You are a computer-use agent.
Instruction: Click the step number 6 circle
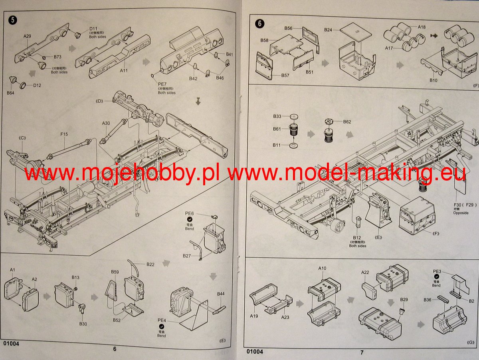click(x=260, y=23)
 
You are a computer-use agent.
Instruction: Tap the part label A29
click(x=27, y=36)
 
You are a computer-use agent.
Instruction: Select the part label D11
click(x=93, y=29)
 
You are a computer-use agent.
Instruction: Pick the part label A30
click(x=106, y=123)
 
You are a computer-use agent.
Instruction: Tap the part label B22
click(x=150, y=265)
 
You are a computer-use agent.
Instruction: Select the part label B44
click(x=221, y=294)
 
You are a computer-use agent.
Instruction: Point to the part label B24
click(x=328, y=30)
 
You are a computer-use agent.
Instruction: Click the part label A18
click(x=422, y=27)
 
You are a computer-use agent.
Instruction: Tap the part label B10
click(x=433, y=80)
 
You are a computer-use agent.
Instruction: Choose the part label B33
click(x=277, y=116)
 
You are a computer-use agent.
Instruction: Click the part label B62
click(x=347, y=121)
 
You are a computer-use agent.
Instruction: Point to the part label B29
click(x=404, y=300)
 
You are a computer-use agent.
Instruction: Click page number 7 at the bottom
click(x=362, y=352)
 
